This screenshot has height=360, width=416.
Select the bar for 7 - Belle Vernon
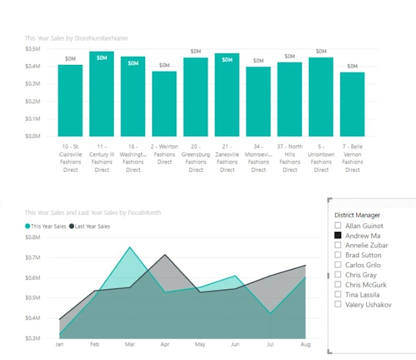352,104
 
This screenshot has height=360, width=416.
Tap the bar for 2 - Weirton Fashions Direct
165,103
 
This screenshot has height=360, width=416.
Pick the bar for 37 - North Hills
289,99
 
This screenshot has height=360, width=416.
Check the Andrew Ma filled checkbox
338,235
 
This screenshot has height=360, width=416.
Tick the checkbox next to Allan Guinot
338,226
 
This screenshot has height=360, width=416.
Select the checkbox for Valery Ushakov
338,304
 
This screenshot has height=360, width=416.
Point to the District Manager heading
357,215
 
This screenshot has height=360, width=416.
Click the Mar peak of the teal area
130,248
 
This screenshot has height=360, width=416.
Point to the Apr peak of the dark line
165,255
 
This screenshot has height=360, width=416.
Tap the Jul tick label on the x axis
270,345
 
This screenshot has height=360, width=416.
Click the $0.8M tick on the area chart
32,237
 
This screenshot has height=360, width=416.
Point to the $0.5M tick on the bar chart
32,48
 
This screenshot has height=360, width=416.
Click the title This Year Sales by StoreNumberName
76,38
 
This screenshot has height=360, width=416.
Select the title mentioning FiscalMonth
92,213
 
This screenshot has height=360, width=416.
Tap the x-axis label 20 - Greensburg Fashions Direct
196,158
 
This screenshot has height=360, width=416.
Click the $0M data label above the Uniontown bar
321,51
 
